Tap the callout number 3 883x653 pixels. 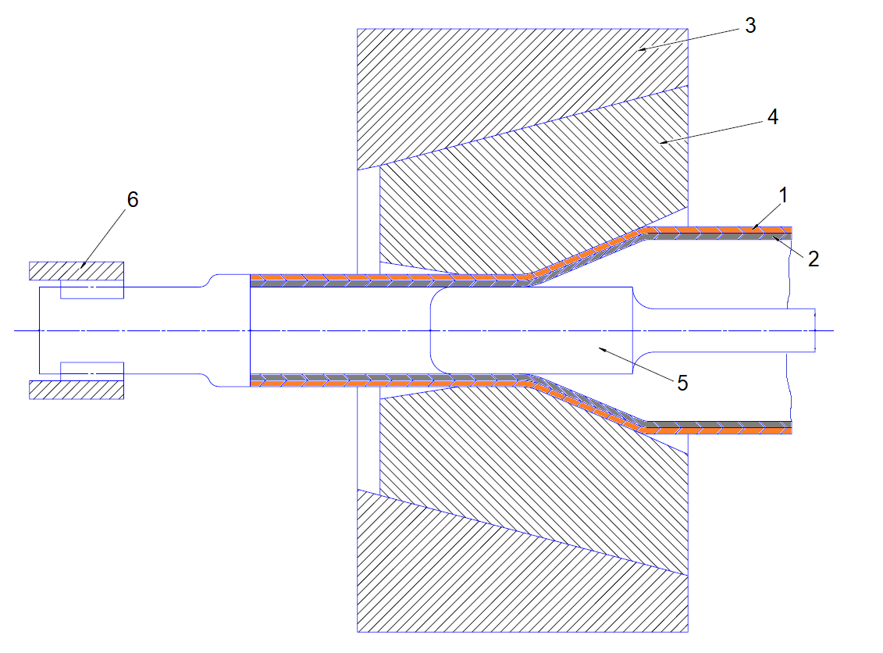coord(749,26)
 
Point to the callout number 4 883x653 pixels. coord(772,117)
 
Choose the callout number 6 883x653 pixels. coord(133,200)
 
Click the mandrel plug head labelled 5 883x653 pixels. coord(531,331)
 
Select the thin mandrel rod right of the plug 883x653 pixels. coord(726,329)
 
